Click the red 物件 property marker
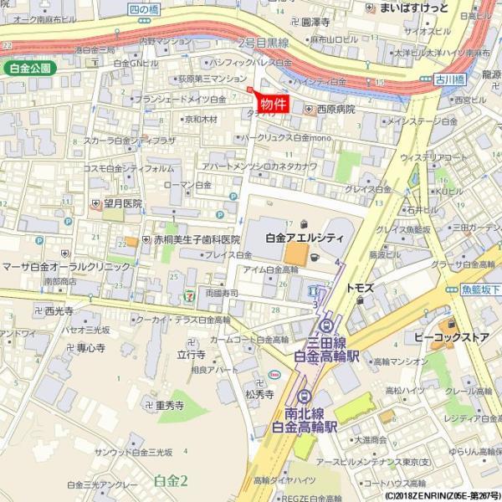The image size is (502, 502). (x=273, y=104)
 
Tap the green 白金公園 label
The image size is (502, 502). (x=29, y=68)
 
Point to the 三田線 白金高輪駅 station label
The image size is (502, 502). (x=326, y=349)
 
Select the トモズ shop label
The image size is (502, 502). (x=360, y=288)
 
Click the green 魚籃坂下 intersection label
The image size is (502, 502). (x=482, y=289)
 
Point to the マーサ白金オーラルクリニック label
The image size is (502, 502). (x=66, y=266)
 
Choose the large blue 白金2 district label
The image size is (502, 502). (x=171, y=480)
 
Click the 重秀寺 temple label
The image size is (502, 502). (x=168, y=406)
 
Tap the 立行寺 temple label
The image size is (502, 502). (x=192, y=355)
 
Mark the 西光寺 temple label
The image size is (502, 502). (x=59, y=311)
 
